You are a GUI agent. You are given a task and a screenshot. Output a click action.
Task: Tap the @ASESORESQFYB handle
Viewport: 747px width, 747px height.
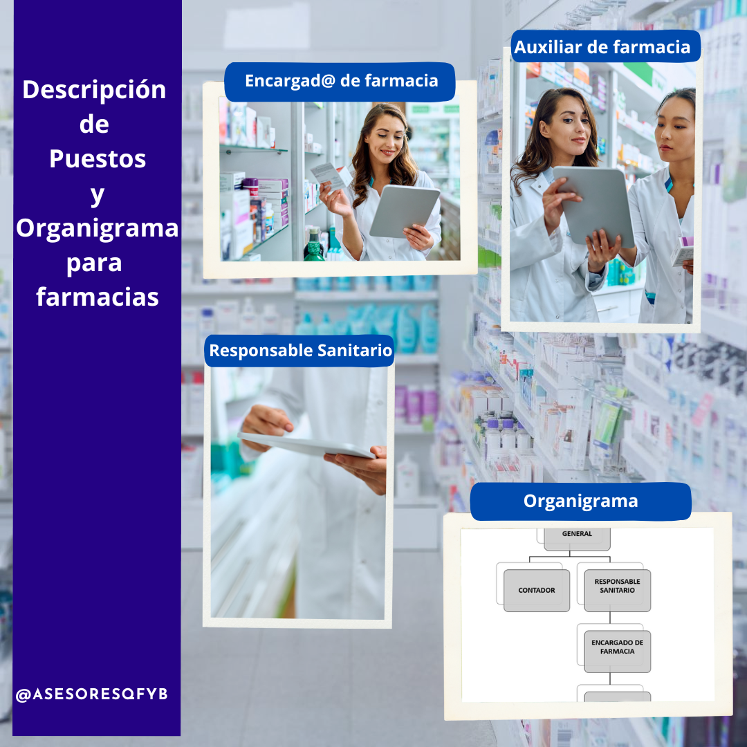pos(91,694)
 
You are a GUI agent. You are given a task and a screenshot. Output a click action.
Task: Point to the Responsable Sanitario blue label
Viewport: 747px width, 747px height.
pos(299,351)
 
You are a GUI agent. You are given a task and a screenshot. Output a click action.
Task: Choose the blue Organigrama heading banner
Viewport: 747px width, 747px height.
pos(580,501)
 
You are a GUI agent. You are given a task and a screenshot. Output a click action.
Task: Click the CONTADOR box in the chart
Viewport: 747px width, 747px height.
pos(537,590)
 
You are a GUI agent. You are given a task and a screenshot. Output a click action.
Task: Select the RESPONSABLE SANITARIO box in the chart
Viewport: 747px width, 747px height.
pos(618,590)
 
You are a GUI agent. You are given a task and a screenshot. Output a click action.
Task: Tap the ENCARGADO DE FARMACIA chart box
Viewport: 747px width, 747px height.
pos(618,652)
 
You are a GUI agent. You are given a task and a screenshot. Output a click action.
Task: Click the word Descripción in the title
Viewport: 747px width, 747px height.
pos(94,90)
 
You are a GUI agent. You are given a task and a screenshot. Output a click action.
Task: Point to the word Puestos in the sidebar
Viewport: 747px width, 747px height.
pos(98,158)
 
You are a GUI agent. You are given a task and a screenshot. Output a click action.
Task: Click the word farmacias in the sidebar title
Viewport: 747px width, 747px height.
pos(98,297)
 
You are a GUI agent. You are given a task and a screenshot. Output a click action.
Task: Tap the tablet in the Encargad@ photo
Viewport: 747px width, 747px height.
pos(405,211)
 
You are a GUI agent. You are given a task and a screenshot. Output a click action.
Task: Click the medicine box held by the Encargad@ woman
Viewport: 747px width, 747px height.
pos(331,176)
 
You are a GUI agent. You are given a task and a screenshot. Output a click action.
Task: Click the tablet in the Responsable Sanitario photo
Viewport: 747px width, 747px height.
pos(306,445)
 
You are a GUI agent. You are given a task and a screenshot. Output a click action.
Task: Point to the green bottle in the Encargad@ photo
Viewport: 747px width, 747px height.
pos(314,246)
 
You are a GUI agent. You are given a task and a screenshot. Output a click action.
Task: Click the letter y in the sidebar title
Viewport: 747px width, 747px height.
pos(98,195)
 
